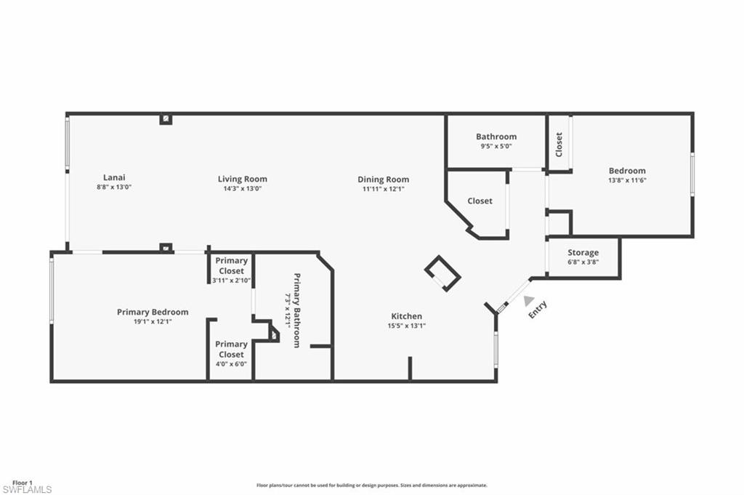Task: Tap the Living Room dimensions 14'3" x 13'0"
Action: (x=242, y=188)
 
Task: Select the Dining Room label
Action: (x=383, y=180)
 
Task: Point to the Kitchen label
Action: (x=406, y=316)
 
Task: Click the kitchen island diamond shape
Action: (x=442, y=273)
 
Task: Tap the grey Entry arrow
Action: (x=528, y=300)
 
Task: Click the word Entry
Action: (x=537, y=310)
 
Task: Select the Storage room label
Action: (x=583, y=253)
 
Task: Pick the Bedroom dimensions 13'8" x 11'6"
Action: (x=626, y=180)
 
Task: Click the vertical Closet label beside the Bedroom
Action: (x=559, y=144)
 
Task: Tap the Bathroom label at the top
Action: (x=496, y=137)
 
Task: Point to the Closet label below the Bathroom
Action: (x=480, y=201)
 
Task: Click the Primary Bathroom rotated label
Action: (x=296, y=310)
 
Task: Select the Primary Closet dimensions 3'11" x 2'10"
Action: (x=231, y=280)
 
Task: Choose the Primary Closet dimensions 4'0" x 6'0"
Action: (x=231, y=363)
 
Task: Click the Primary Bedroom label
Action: (x=153, y=312)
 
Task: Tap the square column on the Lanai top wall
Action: (x=166, y=118)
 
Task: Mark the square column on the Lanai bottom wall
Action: (x=166, y=248)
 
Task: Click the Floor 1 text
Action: (x=22, y=483)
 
